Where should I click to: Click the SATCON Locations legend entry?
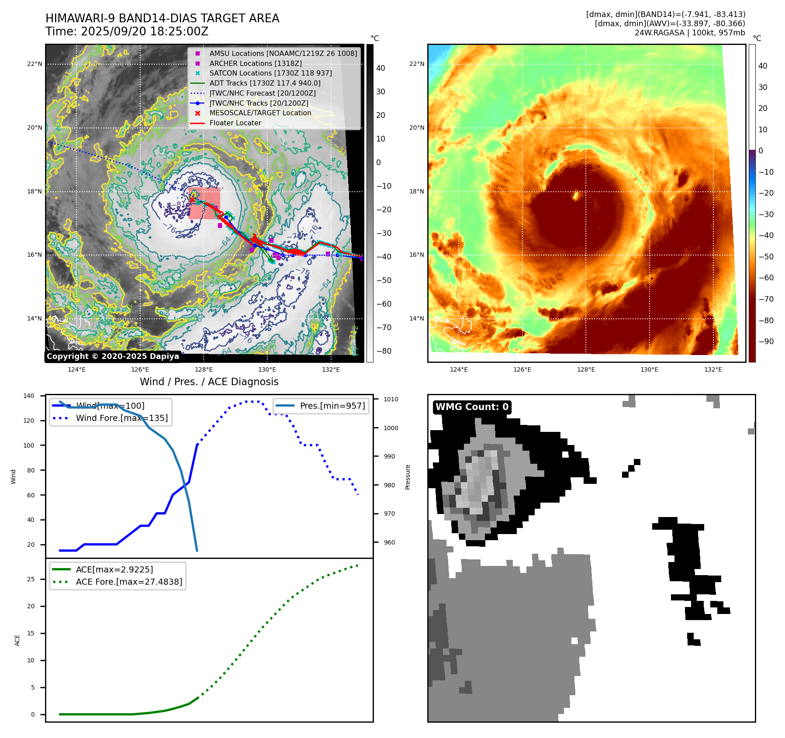click(x=270, y=73)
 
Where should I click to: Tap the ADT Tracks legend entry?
click(x=265, y=83)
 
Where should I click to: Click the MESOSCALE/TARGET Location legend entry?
click(x=260, y=113)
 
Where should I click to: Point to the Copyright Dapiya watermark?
click(x=113, y=356)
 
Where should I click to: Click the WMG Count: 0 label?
click(x=472, y=407)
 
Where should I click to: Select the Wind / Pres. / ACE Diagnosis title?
click(x=209, y=382)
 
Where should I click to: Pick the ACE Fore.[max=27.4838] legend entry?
click(x=129, y=582)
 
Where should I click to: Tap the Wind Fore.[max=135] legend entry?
click(x=121, y=418)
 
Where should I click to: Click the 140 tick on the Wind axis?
click(x=29, y=396)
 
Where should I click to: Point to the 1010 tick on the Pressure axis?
click(x=391, y=400)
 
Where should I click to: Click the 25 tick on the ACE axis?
click(x=31, y=579)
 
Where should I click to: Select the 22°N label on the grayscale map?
click(x=35, y=64)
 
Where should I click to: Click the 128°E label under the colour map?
click(x=586, y=370)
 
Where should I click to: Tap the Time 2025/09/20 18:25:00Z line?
click(x=127, y=32)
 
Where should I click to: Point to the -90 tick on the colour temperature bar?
click(x=766, y=341)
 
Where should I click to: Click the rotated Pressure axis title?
click(x=408, y=477)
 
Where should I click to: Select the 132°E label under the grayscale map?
click(x=331, y=370)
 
